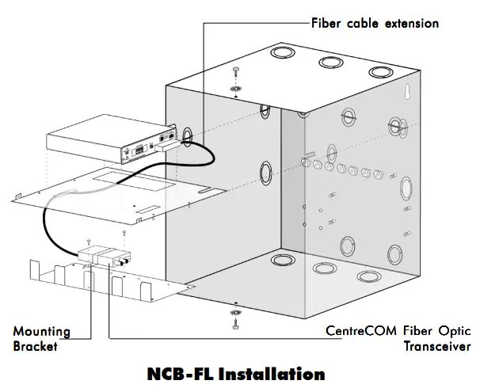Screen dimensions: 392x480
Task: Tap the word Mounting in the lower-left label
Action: (41, 331)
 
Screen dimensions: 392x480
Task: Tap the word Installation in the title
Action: (274, 373)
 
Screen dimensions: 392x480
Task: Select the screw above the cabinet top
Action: (235, 72)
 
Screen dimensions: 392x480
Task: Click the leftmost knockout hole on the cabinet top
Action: (280, 54)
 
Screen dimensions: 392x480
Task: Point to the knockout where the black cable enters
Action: (188, 135)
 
